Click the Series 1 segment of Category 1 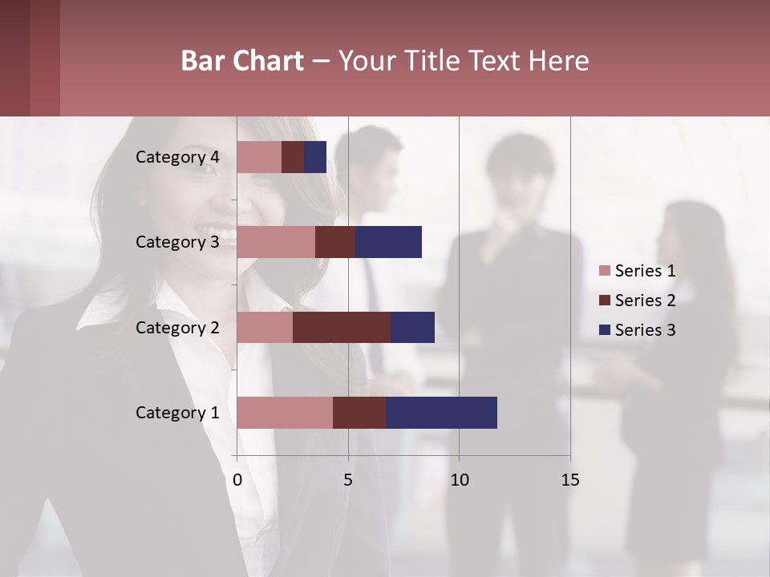click(285, 413)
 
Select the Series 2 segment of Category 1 click(359, 413)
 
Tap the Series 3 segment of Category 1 click(441, 413)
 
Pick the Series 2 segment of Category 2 click(342, 327)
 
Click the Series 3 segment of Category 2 click(412, 327)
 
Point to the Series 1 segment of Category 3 click(276, 242)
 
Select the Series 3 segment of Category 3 click(388, 242)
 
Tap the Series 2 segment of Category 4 click(293, 157)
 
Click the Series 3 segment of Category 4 click(315, 157)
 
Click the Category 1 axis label click(177, 413)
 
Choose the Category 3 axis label click(177, 242)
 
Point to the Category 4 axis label click(177, 157)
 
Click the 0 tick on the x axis click(237, 480)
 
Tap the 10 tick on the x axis click(459, 480)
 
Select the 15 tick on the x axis click(569, 480)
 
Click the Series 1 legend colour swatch click(604, 271)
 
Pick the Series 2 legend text click(645, 301)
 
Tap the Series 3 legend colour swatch click(604, 330)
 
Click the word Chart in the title click(273, 61)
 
